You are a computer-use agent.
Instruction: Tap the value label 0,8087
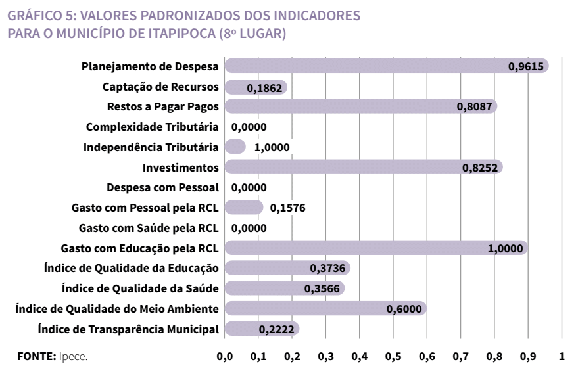(x=476, y=107)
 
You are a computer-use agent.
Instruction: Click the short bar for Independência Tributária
(x=235, y=147)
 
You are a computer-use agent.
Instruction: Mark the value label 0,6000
(x=406, y=309)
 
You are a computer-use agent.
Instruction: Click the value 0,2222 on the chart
(x=281, y=329)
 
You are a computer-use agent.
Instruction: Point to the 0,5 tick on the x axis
(x=393, y=357)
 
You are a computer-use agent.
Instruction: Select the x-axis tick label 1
(x=562, y=357)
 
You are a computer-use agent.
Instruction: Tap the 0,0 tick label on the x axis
(x=225, y=357)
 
